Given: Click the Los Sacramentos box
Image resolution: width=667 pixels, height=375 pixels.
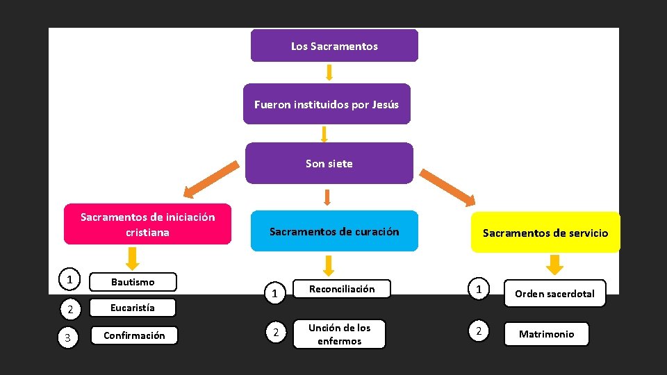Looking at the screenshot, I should click(x=334, y=46).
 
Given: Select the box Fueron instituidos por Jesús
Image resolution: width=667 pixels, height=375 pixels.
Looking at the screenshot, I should click(x=327, y=104).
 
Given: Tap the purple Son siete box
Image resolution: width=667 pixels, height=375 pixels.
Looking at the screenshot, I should click(x=329, y=163).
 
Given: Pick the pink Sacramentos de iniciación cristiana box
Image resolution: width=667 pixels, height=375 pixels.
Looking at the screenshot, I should click(x=147, y=224).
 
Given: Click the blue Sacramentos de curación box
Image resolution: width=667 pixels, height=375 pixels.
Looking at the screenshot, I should click(x=334, y=231).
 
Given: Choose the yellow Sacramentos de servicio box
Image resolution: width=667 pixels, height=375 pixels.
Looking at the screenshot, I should click(x=545, y=233).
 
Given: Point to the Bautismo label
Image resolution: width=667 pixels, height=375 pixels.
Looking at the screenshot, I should click(x=133, y=282).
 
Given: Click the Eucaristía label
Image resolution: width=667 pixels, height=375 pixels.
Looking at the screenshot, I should click(x=133, y=308).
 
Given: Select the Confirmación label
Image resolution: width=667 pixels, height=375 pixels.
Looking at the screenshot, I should click(x=134, y=335).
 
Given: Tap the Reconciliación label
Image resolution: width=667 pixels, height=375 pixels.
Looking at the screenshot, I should click(x=341, y=289).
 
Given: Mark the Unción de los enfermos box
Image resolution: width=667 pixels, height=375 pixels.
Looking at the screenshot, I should click(x=339, y=334).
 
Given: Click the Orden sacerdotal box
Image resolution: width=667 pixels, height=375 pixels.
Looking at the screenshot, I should click(x=554, y=294).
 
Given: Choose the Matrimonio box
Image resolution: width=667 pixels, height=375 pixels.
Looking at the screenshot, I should click(x=546, y=334).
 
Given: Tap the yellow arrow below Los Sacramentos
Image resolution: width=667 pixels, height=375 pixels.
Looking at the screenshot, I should click(x=329, y=72).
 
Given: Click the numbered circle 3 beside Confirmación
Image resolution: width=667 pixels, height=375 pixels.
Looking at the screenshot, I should click(x=67, y=337).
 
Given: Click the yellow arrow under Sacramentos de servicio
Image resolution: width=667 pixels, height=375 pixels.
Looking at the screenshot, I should click(x=554, y=265).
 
